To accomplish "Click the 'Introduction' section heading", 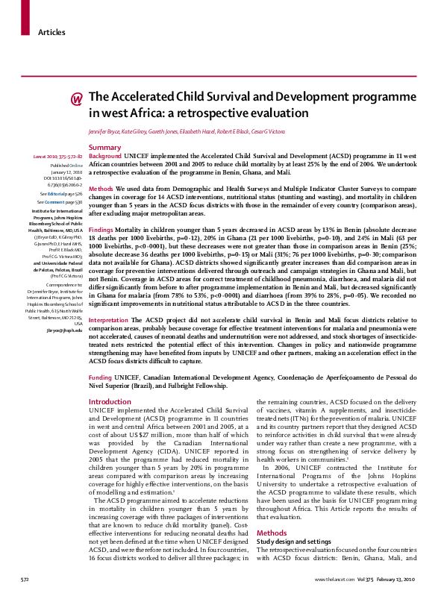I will point(110,401).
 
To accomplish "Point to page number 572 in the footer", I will point(25,579).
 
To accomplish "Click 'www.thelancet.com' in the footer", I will point(334,579).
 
